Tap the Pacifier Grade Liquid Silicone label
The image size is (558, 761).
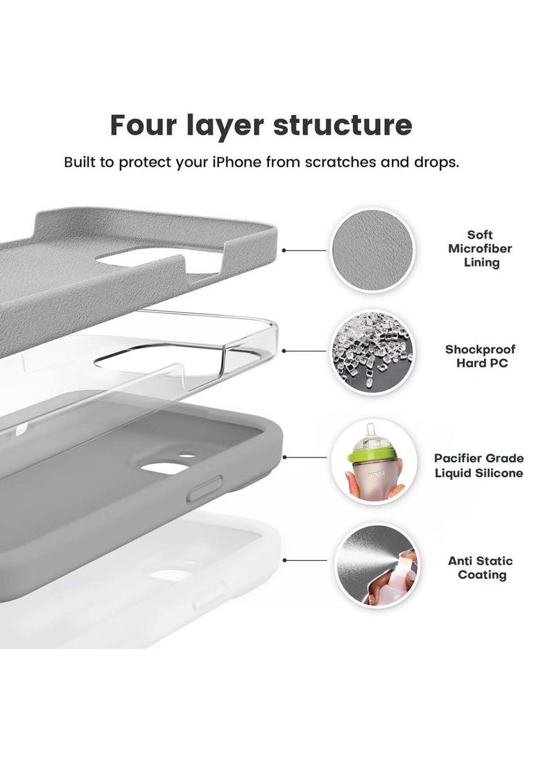(x=488, y=466)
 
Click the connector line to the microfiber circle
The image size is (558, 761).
(x=305, y=250)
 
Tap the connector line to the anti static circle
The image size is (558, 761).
(x=305, y=559)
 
